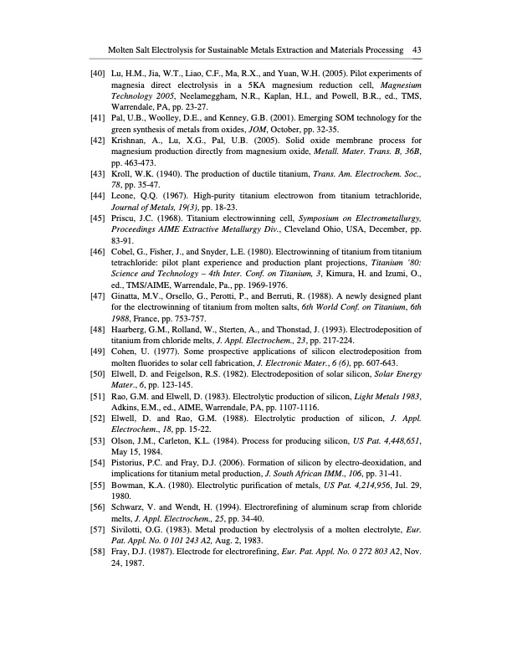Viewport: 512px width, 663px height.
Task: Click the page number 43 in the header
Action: pos(416,50)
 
